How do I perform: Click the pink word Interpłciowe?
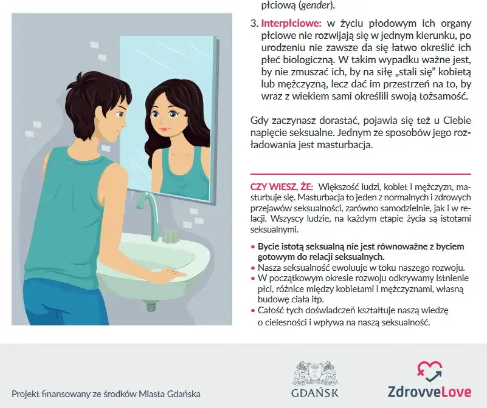click(291, 24)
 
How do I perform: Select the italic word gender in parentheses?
click(316, 5)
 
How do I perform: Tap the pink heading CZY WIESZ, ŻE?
click(281, 187)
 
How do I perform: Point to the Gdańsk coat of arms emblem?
click(314, 373)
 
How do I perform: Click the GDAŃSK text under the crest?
click(314, 392)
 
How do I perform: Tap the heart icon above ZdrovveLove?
click(430, 372)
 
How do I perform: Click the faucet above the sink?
click(149, 214)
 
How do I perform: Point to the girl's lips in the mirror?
click(165, 128)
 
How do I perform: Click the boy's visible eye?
click(120, 115)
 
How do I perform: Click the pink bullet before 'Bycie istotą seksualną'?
click(252, 247)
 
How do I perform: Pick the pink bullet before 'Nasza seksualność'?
click(252, 268)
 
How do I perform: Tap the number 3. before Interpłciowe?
click(254, 24)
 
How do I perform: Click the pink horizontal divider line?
click(361, 174)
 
